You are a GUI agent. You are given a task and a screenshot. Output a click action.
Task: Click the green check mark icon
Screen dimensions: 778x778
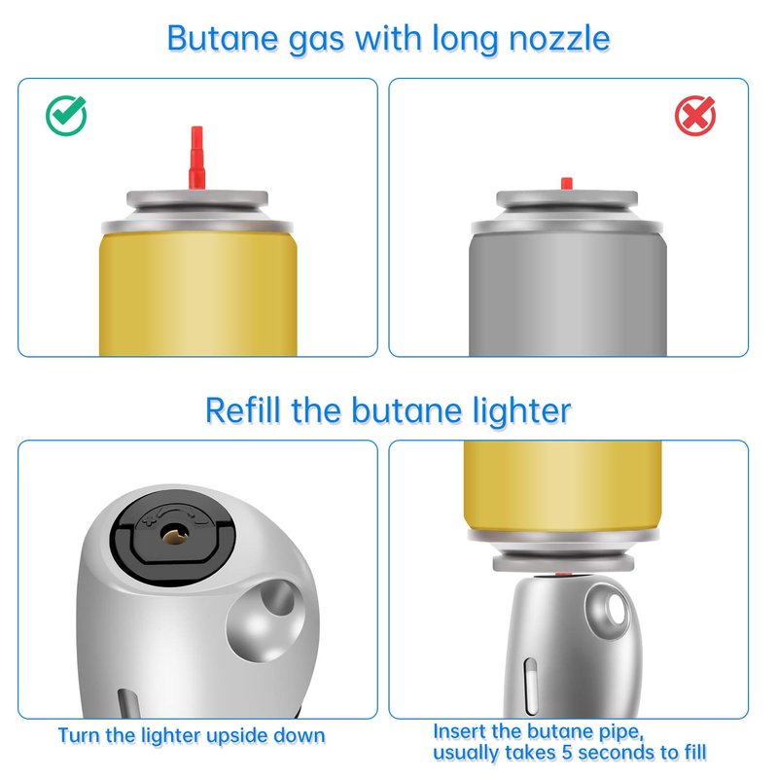coord(66,115)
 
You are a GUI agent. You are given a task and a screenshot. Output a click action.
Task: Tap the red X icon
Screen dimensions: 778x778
coord(694,116)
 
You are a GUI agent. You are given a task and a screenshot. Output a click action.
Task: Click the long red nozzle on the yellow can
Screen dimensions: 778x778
coord(197,158)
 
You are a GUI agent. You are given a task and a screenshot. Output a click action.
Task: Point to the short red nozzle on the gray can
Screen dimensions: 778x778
coord(567,184)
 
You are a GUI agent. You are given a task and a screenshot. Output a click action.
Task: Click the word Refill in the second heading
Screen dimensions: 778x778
coord(242,410)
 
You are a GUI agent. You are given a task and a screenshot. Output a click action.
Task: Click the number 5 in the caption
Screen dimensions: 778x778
coord(567,752)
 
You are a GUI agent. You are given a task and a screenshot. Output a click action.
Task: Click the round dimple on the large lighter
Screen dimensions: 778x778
coord(265,620)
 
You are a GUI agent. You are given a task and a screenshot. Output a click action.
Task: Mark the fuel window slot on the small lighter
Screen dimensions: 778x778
coord(530,687)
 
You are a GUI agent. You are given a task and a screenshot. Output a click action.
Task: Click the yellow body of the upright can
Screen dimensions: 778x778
coord(198,294)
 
